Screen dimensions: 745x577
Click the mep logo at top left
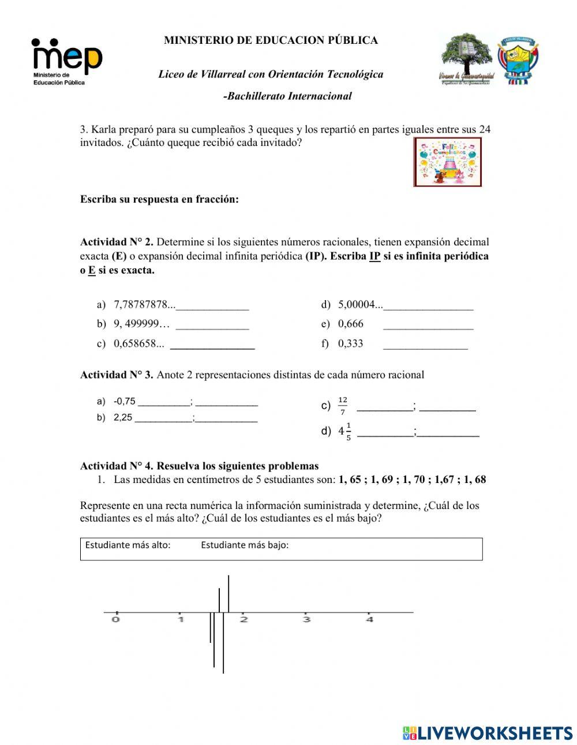click(66, 61)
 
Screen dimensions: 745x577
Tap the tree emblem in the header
click(466, 59)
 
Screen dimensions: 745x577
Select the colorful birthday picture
click(448, 162)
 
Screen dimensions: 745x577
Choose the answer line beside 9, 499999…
click(212, 324)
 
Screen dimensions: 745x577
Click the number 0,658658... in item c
click(138, 344)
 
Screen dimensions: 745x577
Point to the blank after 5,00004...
click(428, 305)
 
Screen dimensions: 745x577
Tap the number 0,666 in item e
click(351, 324)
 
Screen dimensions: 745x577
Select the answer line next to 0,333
click(425, 344)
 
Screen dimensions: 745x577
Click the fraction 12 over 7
click(343, 406)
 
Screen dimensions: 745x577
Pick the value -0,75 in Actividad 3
click(125, 402)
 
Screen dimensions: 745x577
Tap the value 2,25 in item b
click(123, 418)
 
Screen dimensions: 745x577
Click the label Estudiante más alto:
click(128, 545)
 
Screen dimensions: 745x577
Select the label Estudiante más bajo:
click(245, 545)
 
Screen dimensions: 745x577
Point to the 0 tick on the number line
click(116, 619)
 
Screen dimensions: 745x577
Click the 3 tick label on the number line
click(306, 619)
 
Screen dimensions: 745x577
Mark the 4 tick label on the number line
click(370, 619)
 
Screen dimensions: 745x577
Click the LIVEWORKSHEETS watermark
click(488, 733)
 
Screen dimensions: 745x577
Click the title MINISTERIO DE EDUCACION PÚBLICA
click(271, 40)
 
